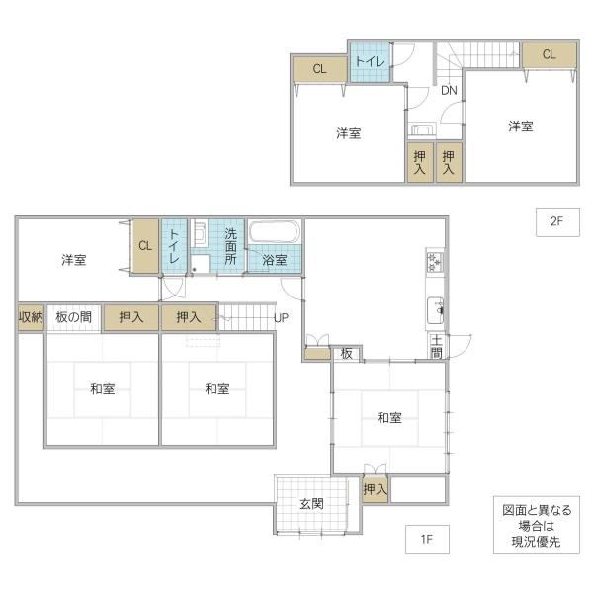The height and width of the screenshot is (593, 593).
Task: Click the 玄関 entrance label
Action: [311, 504]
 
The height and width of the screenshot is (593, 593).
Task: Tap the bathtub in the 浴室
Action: [275, 232]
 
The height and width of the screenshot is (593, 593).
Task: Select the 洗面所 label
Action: [230, 246]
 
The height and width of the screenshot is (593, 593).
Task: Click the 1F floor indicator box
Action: [427, 539]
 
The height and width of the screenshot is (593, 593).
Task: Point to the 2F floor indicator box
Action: [557, 222]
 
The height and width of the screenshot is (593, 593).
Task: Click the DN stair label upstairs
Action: [449, 90]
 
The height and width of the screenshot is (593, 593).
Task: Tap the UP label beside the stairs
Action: [281, 318]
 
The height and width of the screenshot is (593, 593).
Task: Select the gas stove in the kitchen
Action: [435, 262]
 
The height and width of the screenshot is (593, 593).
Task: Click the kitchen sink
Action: [435, 310]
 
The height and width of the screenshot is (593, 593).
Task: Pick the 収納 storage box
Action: [31, 317]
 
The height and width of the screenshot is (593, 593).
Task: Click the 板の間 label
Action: [74, 317]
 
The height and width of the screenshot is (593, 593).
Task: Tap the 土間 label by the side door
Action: [437, 347]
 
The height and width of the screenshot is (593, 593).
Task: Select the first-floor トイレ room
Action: [174, 246]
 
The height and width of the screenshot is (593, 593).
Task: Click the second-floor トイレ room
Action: [370, 62]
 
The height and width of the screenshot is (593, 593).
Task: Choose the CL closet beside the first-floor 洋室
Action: [145, 246]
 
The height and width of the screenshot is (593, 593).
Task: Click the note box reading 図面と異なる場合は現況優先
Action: [537, 526]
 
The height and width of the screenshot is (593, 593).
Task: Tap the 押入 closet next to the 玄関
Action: [376, 490]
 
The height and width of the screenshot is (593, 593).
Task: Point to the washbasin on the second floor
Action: [422, 129]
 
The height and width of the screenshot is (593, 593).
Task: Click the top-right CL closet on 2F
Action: [550, 55]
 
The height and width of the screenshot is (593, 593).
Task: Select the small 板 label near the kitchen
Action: [346, 354]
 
